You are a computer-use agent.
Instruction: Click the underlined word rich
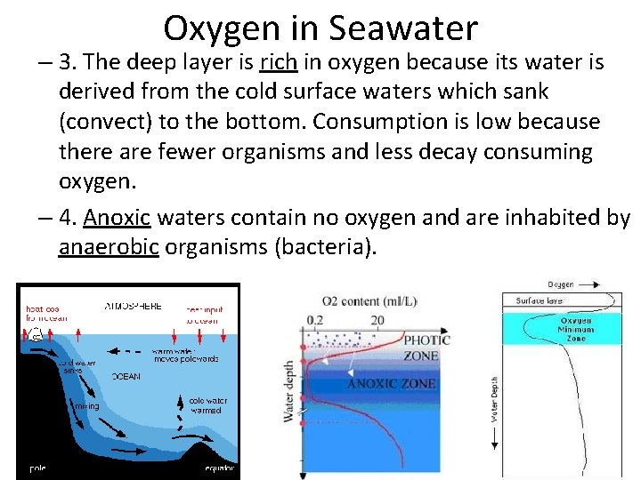click(273, 62)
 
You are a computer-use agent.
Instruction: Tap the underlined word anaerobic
click(109, 247)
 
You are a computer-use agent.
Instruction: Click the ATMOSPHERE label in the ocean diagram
click(133, 305)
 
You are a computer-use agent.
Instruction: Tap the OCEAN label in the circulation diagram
click(126, 376)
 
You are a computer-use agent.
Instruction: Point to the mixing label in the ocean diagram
click(86, 406)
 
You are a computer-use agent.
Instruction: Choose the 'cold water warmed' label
click(208, 406)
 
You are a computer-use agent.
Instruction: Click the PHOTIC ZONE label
click(427, 348)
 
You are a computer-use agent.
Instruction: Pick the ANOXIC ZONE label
click(392, 383)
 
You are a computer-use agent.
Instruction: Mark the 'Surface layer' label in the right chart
click(541, 300)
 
